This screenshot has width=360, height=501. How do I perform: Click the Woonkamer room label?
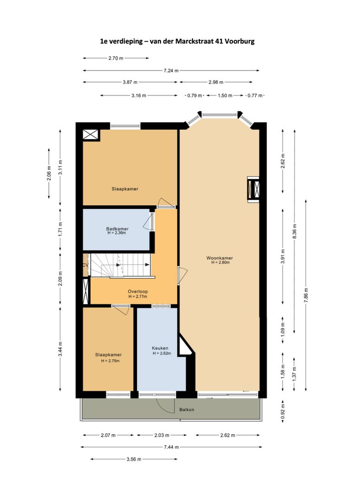pos(220,258)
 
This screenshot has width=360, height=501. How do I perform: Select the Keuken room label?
pos(160,348)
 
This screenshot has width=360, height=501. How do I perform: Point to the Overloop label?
pos(137,292)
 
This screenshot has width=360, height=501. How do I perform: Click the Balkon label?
pos(186,410)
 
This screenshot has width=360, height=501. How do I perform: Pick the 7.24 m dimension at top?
pos(171,71)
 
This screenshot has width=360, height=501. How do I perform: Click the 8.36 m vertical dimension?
pos(294,230)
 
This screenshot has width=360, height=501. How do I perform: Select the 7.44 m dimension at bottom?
pos(171,447)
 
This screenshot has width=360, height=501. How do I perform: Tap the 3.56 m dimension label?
pos(134,459)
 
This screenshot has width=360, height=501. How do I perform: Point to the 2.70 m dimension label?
pos(116,58)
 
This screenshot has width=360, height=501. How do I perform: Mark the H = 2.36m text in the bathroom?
pos(117,233)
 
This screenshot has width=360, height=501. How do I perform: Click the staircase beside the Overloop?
pos(121,265)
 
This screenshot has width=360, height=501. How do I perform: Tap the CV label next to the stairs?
pos(85,265)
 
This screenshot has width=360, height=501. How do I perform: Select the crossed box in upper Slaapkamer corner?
pos(90,135)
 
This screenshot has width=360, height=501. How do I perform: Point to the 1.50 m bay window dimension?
pos(225,96)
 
